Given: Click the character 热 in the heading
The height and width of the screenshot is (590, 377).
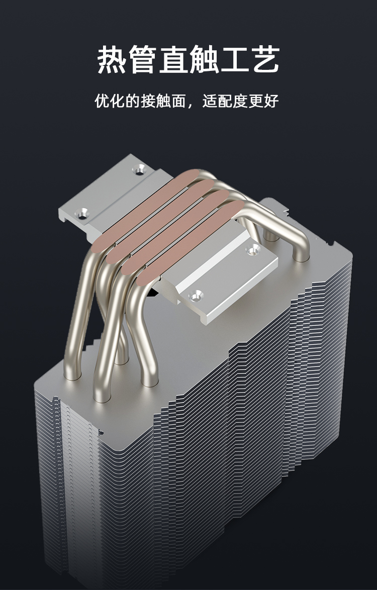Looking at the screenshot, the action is coord(111,59).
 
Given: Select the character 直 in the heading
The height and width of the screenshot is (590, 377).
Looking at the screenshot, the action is coord(173,59).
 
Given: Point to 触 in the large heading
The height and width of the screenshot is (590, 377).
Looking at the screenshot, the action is coord(204,59).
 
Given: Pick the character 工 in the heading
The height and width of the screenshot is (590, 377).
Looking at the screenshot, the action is coord(235,59).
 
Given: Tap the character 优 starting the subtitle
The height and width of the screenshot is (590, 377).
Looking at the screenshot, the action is coord(102,101).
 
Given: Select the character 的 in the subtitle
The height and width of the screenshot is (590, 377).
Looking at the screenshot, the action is coord(133,101).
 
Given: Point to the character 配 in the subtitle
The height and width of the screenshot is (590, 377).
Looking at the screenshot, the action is coord(225,101).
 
